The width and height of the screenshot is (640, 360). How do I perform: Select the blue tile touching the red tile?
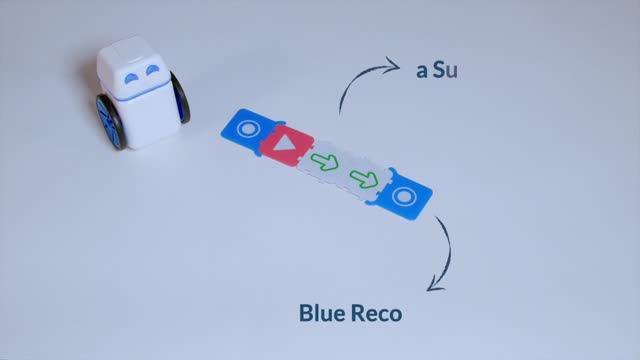click(247, 131)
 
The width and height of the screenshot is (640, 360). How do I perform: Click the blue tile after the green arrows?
click(404, 196)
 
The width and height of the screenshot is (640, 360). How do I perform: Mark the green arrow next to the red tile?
click(323, 162)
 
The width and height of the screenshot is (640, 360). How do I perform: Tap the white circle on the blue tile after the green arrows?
click(404, 196)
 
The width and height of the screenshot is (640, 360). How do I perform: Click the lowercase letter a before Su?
click(421, 73)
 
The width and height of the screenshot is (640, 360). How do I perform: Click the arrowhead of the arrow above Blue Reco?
click(432, 287)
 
